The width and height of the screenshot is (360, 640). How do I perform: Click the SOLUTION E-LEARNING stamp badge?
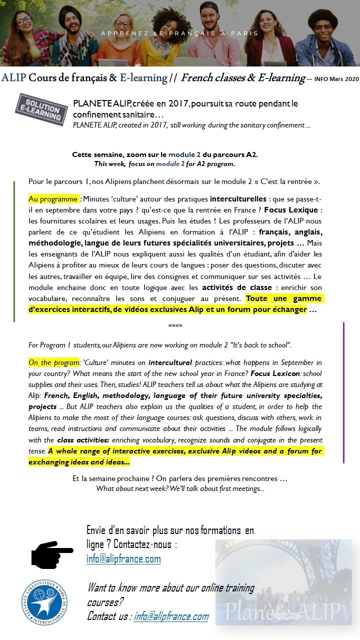(41, 108)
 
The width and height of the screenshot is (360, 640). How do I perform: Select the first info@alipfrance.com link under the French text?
(123, 559)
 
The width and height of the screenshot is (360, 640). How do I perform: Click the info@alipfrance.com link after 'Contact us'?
(171, 616)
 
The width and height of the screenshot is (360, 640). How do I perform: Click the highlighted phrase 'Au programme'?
(53, 199)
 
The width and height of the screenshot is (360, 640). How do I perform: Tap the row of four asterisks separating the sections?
(175, 326)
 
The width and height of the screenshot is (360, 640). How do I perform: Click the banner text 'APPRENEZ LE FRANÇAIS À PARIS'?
(179, 33)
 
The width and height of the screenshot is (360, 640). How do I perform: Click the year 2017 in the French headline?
(176, 103)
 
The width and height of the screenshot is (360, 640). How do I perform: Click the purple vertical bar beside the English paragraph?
(343, 392)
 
